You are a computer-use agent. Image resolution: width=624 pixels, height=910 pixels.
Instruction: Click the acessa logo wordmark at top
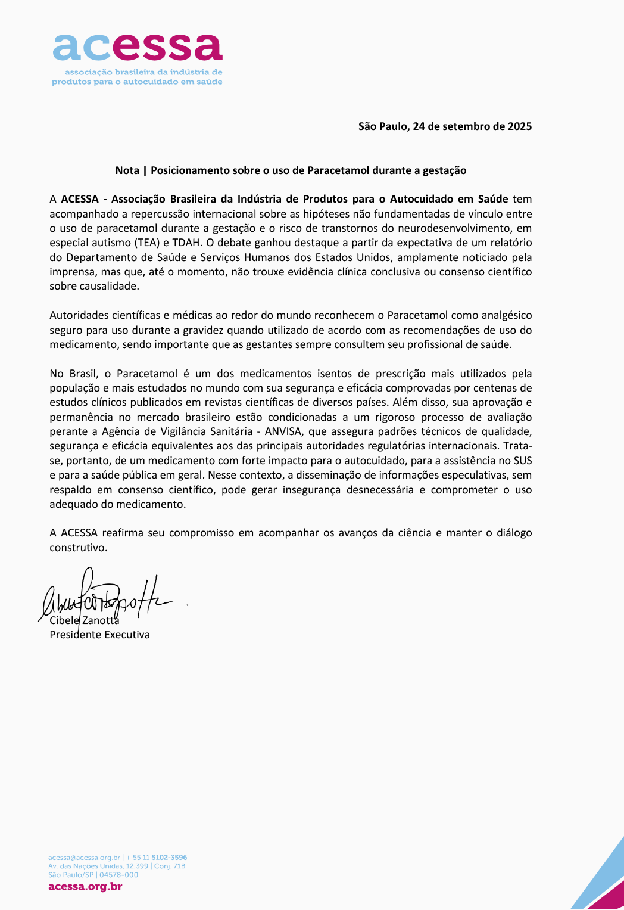point(138,47)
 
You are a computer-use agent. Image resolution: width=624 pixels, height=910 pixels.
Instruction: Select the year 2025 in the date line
point(519,126)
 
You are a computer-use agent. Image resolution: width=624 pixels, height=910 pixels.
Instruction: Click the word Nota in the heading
point(127,170)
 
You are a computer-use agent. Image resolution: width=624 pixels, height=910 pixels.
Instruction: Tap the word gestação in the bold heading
point(444,170)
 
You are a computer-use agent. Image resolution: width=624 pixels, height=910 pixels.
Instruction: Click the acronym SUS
point(523,461)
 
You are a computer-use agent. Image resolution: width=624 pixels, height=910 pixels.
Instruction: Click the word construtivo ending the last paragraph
point(77,548)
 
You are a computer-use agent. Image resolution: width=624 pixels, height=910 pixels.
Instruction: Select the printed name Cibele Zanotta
point(85,620)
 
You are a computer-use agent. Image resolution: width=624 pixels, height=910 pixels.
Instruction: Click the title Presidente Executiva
point(99,635)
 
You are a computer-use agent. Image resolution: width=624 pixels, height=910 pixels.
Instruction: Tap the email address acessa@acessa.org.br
point(84,858)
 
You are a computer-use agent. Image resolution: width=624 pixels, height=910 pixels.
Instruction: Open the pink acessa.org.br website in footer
point(85,886)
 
